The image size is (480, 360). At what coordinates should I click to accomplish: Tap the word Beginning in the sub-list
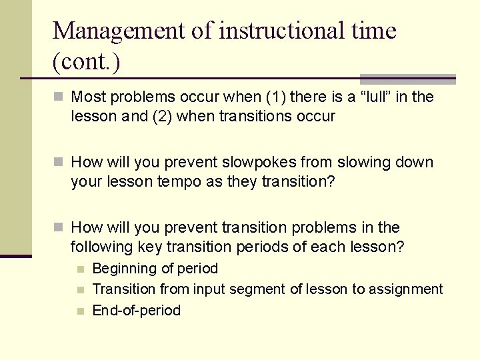tap(123, 269)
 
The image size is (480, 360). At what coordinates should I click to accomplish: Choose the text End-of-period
tap(137, 311)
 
